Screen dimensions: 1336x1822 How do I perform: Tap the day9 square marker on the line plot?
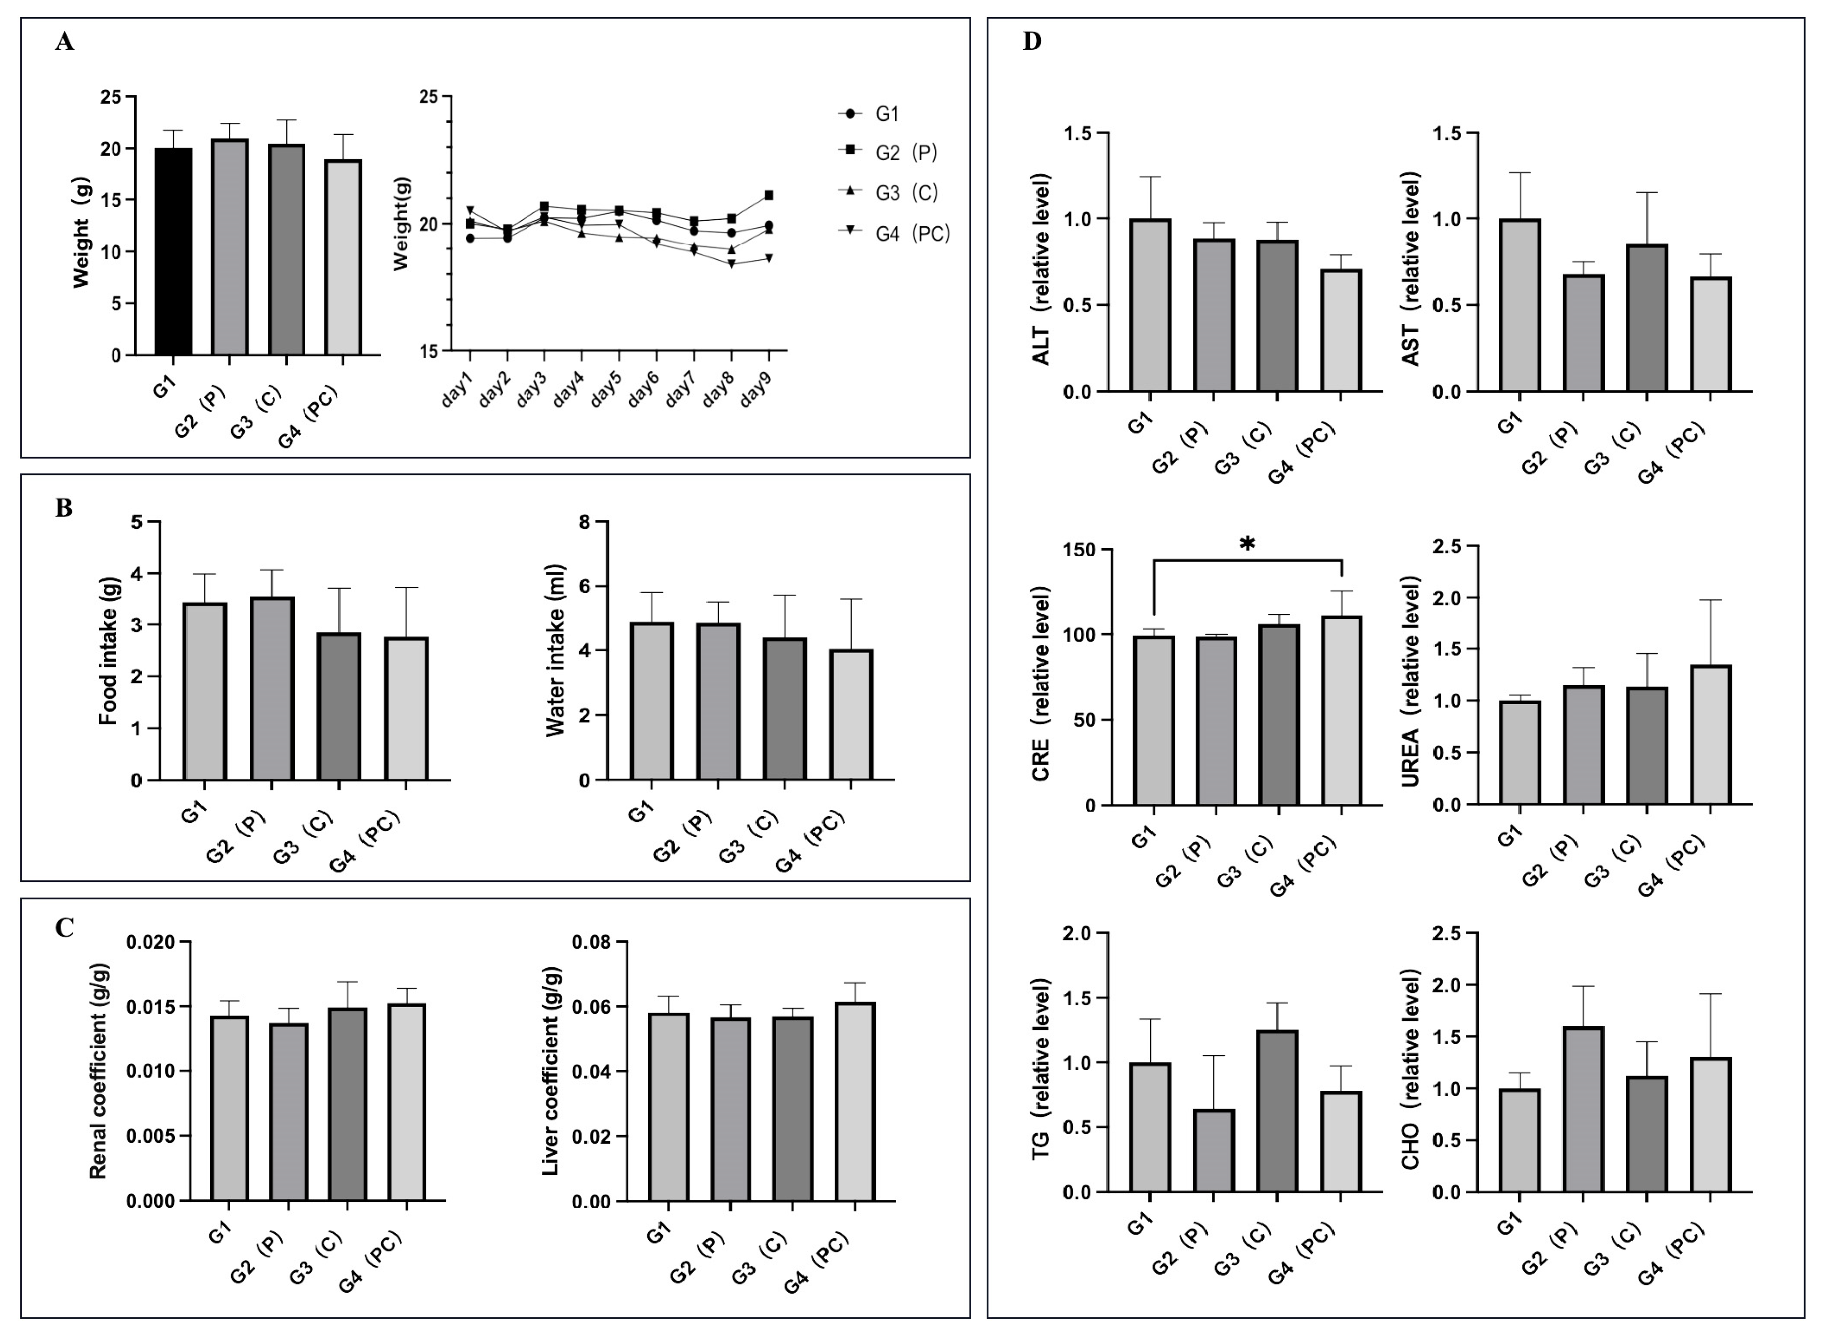point(769,195)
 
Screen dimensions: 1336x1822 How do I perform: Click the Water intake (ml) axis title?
point(556,651)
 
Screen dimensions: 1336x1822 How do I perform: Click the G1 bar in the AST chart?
point(1520,306)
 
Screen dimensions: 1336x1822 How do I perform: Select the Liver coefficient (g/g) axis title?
point(551,1071)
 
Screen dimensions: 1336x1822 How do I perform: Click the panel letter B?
point(64,508)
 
